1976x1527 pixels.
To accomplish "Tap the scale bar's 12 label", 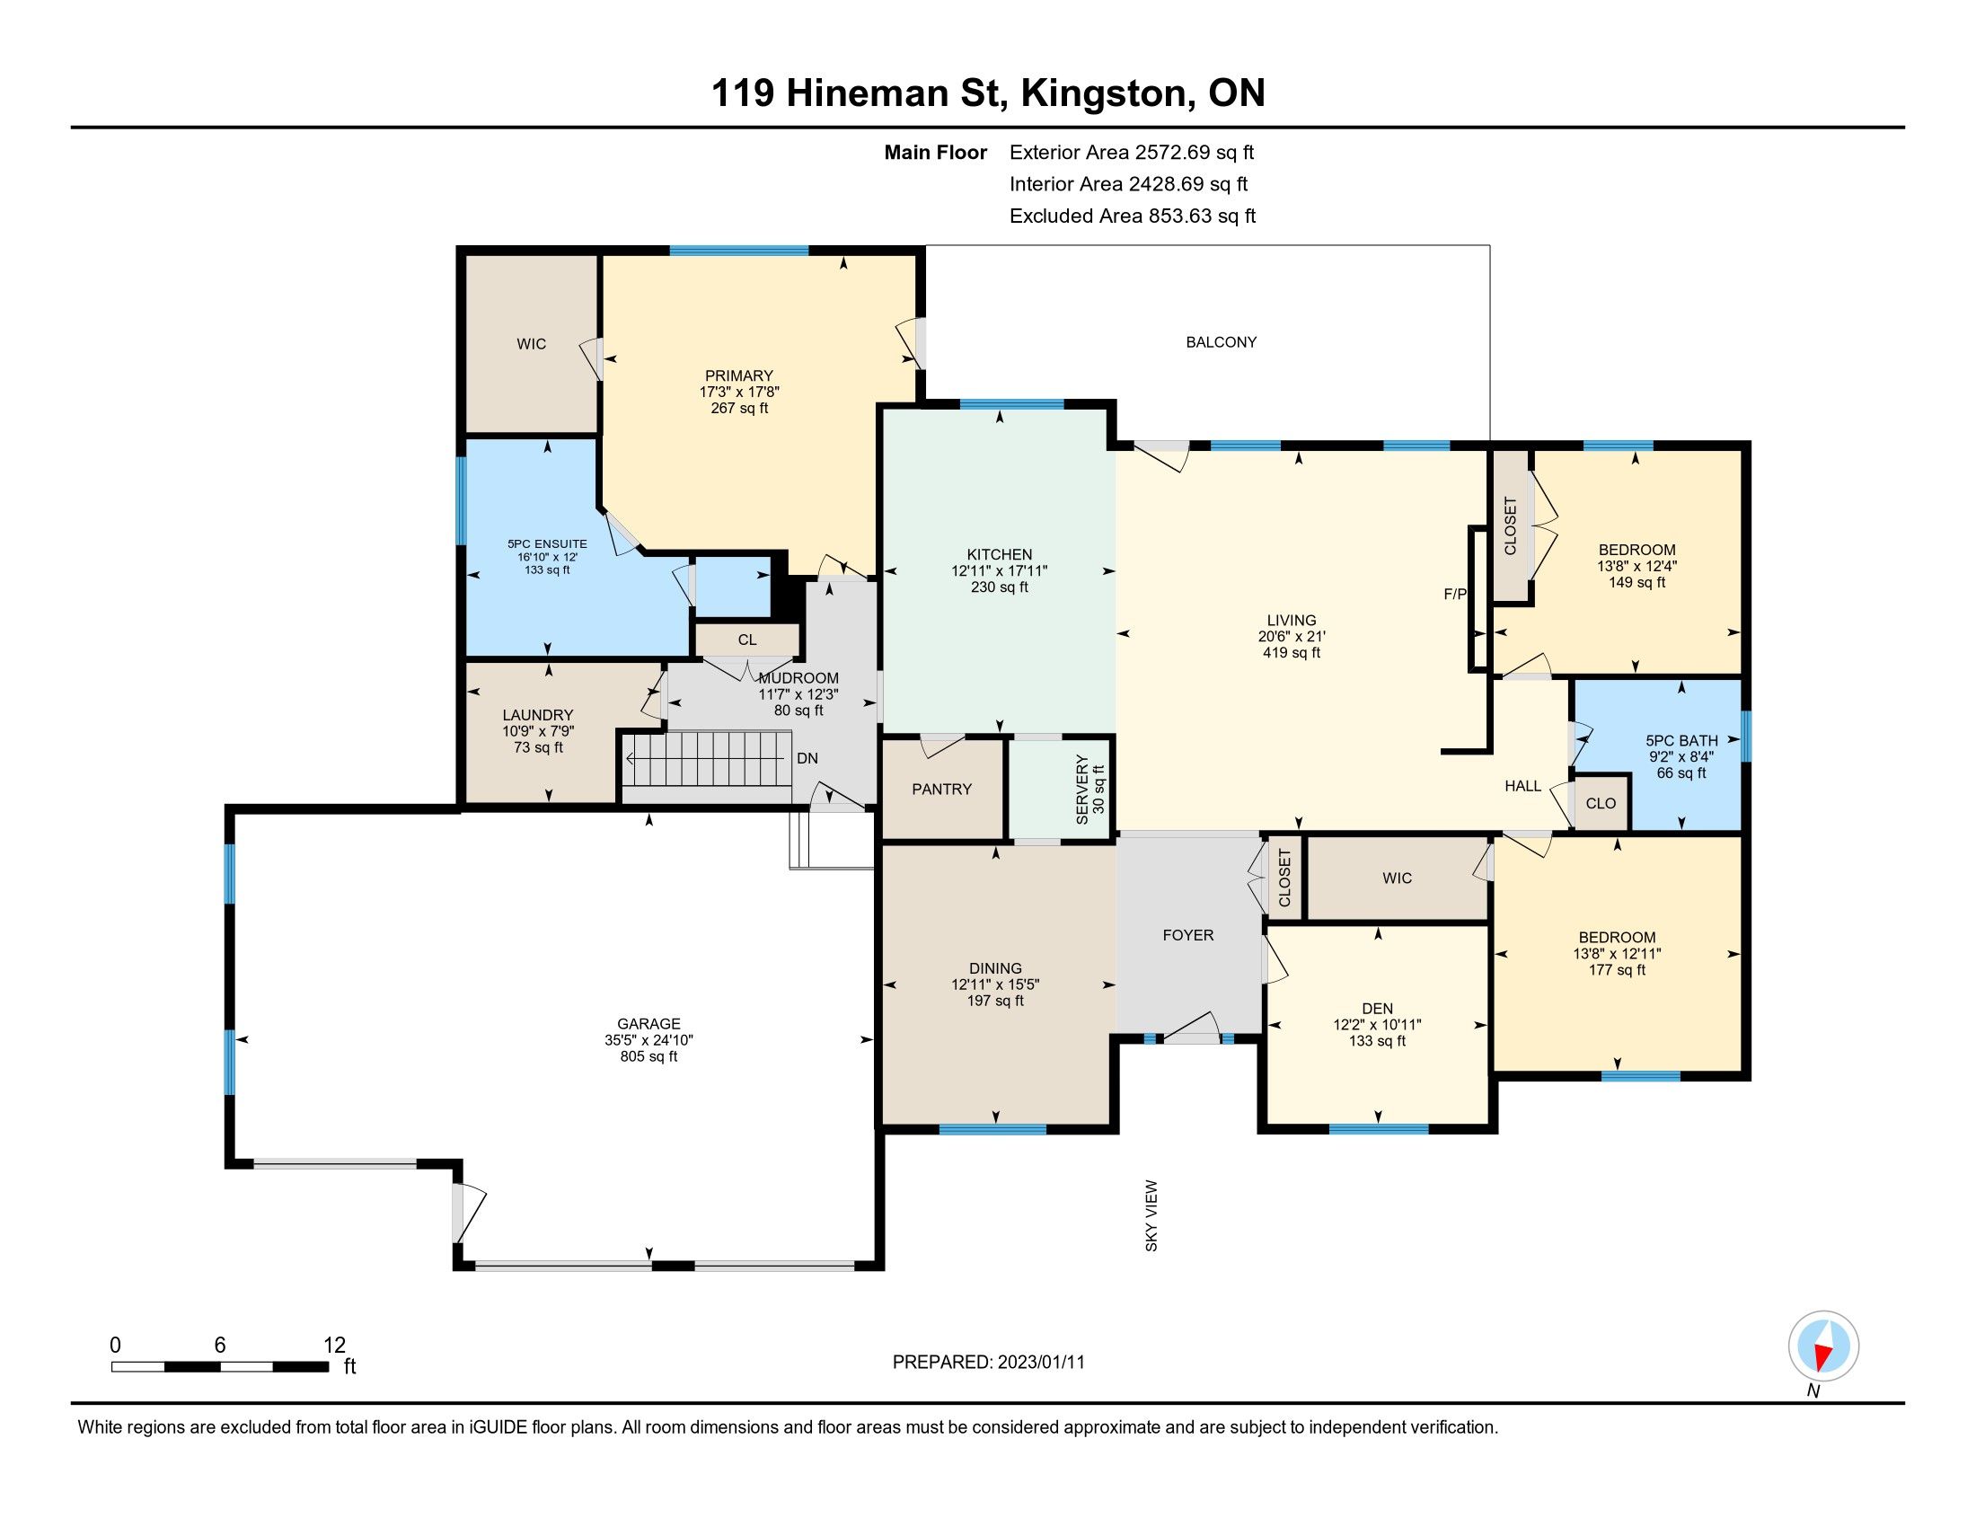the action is click(x=335, y=1345).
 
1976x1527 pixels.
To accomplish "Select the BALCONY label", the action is click(x=1222, y=342).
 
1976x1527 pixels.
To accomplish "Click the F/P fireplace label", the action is click(x=1455, y=595).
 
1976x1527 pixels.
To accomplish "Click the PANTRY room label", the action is click(x=942, y=789).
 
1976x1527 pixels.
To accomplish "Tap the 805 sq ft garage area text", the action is click(x=648, y=1056).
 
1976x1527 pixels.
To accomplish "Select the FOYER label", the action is click(x=1188, y=934).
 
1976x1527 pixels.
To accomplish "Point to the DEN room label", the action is click(x=1377, y=1009).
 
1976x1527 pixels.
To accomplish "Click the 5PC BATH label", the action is click(x=1681, y=740).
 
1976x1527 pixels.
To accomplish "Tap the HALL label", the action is click(x=1522, y=786).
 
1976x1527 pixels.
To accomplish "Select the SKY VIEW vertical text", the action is click(x=1151, y=1216).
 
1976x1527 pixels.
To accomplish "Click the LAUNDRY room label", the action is click(x=537, y=715).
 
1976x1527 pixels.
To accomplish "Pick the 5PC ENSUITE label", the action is click(x=546, y=543).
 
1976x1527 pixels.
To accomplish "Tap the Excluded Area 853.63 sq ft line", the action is click(x=1133, y=216).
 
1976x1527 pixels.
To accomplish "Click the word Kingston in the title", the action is click(x=1107, y=93).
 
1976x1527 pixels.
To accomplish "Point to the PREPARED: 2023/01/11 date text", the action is click(x=988, y=1362).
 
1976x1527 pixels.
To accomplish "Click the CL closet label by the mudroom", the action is click(x=746, y=640).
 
